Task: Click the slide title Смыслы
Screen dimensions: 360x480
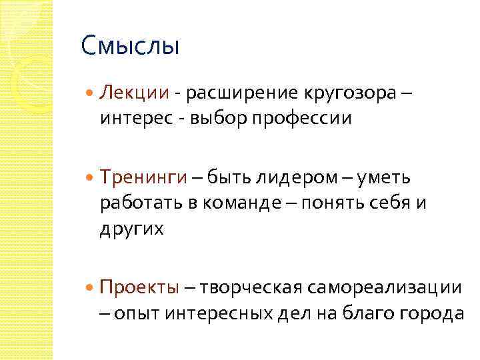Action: (x=130, y=47)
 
